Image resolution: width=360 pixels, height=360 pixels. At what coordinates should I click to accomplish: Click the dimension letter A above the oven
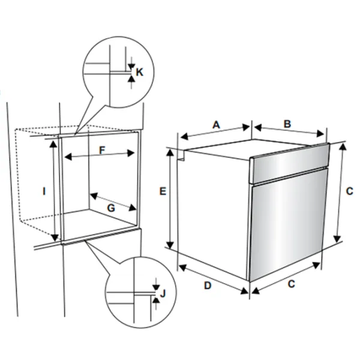[216, 125]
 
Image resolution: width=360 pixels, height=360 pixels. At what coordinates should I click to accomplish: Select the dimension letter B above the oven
[287, 124]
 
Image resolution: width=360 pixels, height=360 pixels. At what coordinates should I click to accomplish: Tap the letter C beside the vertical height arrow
[349, 191]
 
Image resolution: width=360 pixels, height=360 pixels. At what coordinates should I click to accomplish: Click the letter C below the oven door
[291, 284]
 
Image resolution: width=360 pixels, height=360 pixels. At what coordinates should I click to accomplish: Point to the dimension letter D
[208, 286]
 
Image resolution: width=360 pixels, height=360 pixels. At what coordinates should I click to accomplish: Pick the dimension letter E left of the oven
[163, 191]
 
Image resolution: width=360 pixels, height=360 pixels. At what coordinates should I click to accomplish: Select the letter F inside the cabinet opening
[102, 151]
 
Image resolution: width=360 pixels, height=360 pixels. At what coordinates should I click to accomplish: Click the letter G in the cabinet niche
[111, 208]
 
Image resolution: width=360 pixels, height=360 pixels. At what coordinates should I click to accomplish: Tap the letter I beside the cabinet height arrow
[44, 191]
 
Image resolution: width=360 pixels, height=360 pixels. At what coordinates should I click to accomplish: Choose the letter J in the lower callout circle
[163, 293]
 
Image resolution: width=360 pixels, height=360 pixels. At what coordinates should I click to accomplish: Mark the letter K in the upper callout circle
[139, 72]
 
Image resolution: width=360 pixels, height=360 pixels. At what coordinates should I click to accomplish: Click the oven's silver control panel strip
[290, 163]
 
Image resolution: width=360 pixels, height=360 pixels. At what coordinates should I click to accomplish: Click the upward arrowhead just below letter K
[131, 79]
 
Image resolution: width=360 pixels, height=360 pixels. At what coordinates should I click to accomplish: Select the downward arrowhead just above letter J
[156, 287]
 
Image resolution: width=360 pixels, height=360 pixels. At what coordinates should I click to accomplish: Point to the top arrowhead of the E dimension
[170, 152]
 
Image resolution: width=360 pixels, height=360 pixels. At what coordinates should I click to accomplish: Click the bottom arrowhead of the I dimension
[55, 238]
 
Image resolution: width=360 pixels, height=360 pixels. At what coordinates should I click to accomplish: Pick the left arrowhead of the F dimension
[68, 157]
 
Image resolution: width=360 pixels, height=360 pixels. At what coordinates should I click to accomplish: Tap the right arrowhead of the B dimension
[320, 133]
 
